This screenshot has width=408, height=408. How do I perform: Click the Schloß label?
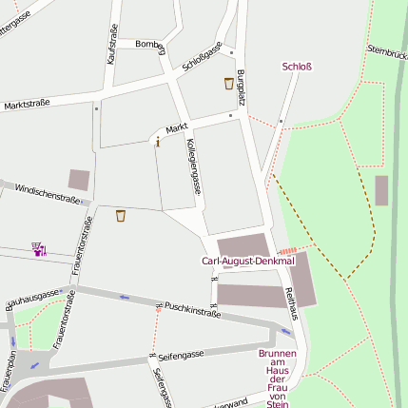[297, 67]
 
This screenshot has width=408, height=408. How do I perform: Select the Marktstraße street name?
[27, 104]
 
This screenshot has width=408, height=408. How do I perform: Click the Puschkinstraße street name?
[192, 309]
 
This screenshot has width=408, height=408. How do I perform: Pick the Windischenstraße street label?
[47, 194]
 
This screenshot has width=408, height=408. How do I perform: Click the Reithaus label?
[291, 303]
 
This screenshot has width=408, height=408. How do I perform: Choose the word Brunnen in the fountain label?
[277, 354]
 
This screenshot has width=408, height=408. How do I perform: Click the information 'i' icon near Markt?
[157, 142]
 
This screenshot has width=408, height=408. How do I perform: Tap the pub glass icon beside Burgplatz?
[228, 84]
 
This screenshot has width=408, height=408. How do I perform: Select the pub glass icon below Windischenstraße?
[120, 216]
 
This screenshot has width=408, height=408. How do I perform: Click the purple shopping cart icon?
[39, 249]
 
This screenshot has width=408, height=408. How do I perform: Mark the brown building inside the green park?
[381, 190]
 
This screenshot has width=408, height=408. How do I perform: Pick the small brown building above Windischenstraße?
[79, 179]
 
